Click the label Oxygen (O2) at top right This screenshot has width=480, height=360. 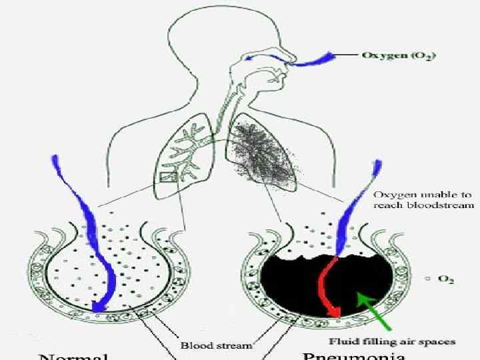click(x=398, y=55)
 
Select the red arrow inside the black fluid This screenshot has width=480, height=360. click(x=331, y=287)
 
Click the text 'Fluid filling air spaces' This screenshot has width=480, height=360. click(x=393, y=341)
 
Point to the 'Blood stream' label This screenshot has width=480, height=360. click(x=217, y=345)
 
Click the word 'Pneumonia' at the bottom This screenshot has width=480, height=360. click(x=353, y=355)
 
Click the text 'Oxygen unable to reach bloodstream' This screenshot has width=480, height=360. click(x=423, y=200)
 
